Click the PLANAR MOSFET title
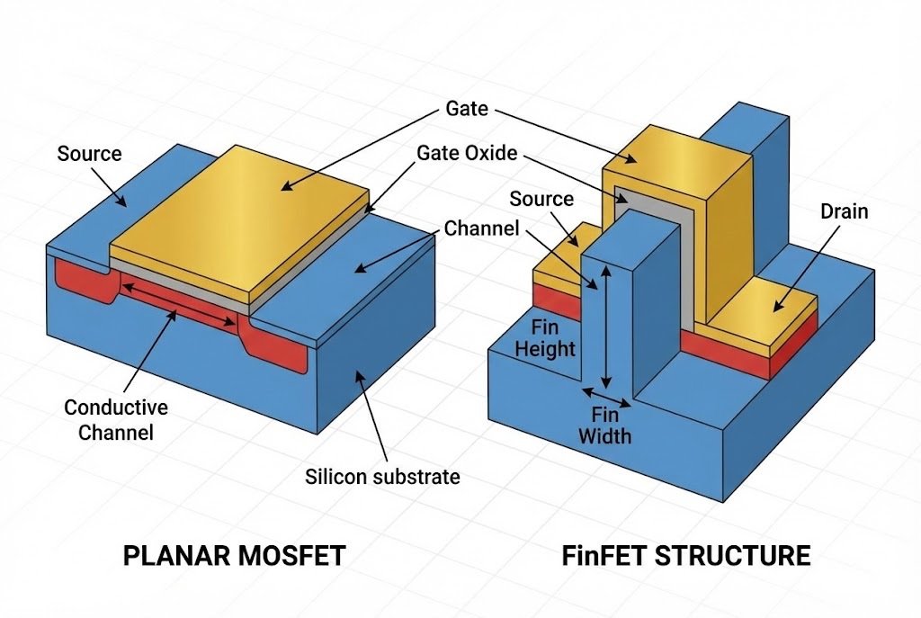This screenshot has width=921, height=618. (234, 555)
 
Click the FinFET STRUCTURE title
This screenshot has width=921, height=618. (685, 555)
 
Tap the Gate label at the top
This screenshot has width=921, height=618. (466, 109)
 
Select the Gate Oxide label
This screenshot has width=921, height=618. (467, 153)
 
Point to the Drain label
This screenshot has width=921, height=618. (844, 211)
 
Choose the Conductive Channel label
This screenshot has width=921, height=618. (116, 420)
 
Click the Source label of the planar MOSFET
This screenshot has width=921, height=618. (89, 154)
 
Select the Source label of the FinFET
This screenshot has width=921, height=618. (541, 199)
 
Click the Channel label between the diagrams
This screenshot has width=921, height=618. (481, 228)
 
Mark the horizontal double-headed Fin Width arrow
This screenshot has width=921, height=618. (606, 397)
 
